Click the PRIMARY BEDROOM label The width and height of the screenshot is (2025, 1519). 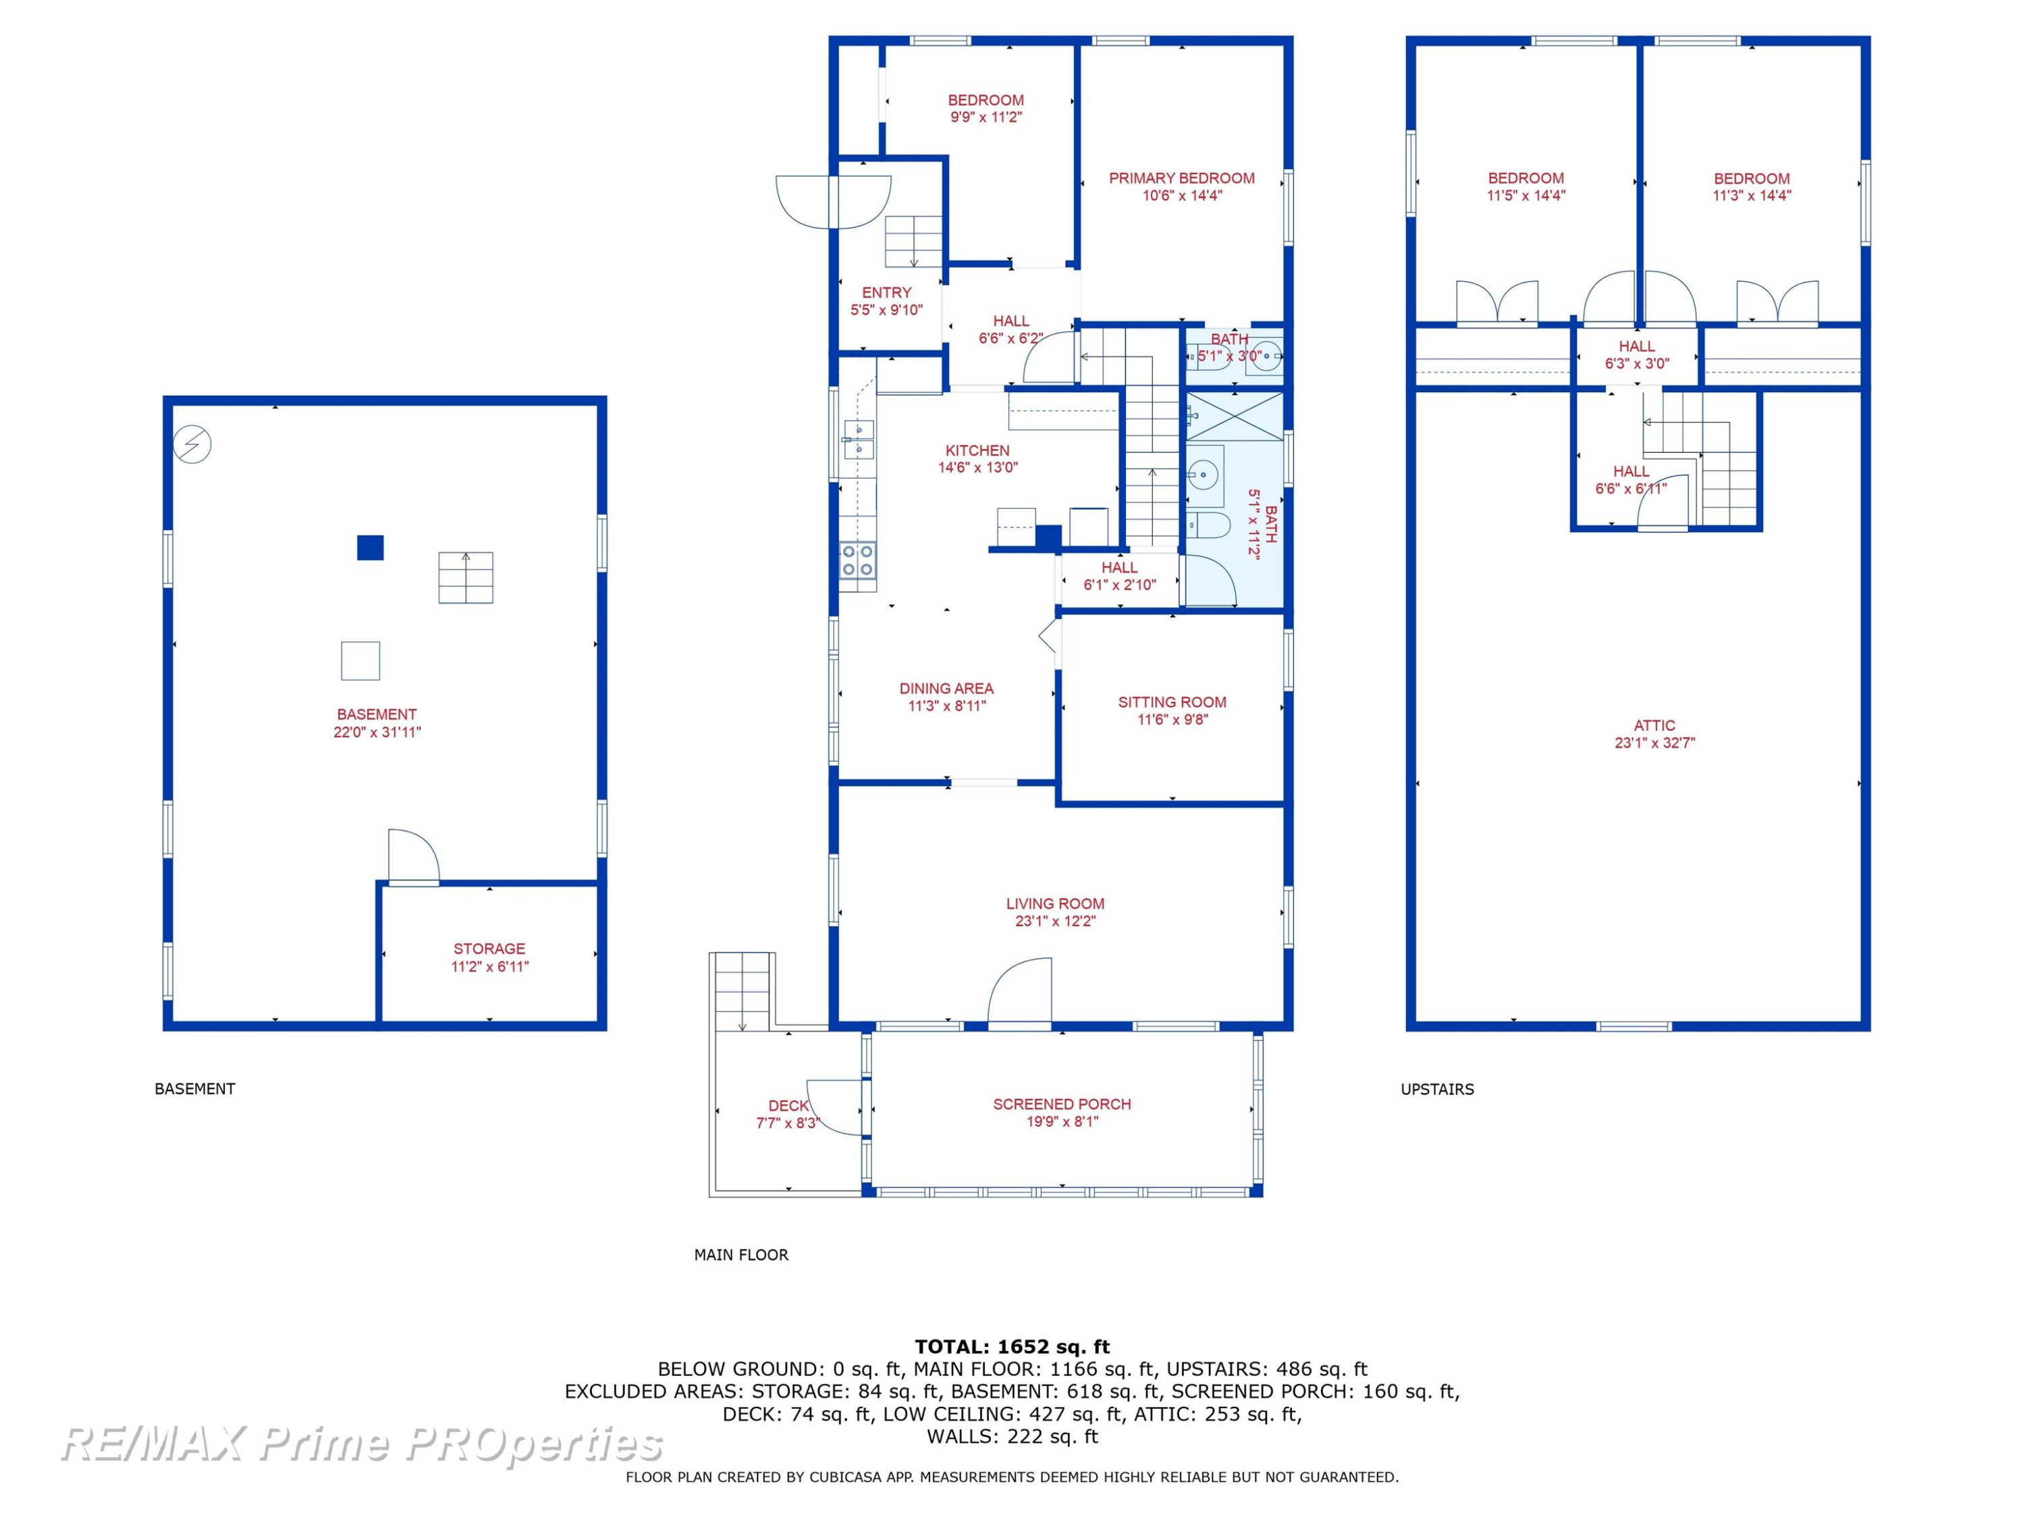1181,178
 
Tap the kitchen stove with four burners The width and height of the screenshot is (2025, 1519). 858,560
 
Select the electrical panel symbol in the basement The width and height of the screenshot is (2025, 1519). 192,445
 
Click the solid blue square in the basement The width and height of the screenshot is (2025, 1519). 370,548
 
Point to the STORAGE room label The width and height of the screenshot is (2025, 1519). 490,949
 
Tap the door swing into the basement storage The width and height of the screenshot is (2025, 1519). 414,857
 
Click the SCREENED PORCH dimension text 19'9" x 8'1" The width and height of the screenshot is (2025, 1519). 1062,1121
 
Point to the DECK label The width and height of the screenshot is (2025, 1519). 788,1106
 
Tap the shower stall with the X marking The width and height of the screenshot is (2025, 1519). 1235,416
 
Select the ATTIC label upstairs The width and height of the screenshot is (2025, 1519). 1654,725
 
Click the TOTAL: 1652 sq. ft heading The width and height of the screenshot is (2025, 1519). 1012,1346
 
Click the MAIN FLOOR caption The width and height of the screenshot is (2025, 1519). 740,1254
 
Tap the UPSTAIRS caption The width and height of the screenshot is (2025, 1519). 1437,1089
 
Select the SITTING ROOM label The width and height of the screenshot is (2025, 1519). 1172,702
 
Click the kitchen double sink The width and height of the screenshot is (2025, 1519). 858,439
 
